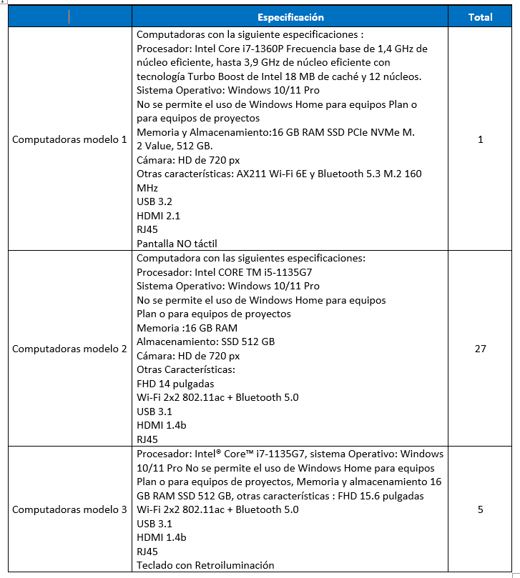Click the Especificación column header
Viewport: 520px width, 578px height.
[290, 17]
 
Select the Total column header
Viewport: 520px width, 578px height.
[480, 17]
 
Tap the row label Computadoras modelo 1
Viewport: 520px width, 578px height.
[69, 139]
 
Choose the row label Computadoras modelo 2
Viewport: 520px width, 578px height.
[69, 349]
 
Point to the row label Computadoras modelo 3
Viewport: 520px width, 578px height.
[69, 509]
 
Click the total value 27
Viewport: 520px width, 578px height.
[480, 349]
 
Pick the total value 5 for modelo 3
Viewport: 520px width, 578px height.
[480, 509]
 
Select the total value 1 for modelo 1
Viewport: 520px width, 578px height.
[480, 139]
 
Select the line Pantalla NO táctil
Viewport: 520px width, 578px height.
[177, 244]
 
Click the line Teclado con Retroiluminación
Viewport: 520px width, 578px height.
[205, 565]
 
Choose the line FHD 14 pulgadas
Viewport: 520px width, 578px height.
[175, 384]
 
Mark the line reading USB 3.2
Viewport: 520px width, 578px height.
[154, 201]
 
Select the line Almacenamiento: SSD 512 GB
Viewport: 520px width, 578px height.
[206, 342]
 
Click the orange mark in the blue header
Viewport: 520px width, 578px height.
[69, 17]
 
